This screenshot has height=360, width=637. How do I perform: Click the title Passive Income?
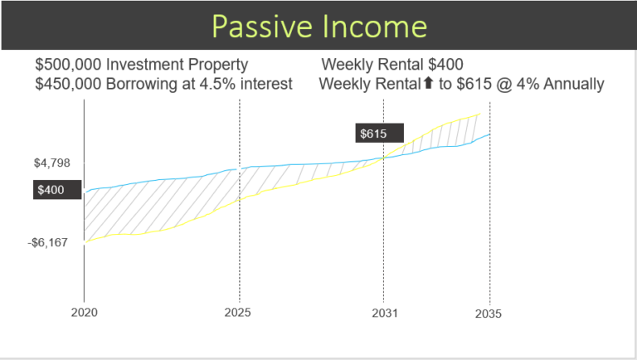pos(318,26)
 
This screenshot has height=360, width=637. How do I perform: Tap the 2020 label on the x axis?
pos(85,314)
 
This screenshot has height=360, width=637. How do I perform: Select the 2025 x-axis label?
pos(239,314)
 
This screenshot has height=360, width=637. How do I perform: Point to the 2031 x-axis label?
pos(382,314)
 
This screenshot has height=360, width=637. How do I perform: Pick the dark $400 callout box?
pos(51,190)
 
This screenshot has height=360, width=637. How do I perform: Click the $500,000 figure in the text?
pos(67,65)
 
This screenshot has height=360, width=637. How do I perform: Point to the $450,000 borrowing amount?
pos(67,84)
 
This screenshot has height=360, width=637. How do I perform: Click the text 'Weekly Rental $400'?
pos(391,65)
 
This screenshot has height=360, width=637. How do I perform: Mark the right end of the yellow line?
pos(479,114)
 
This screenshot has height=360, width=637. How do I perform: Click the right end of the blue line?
pos(489,134)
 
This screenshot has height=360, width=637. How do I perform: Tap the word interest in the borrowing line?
pos(266,84)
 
